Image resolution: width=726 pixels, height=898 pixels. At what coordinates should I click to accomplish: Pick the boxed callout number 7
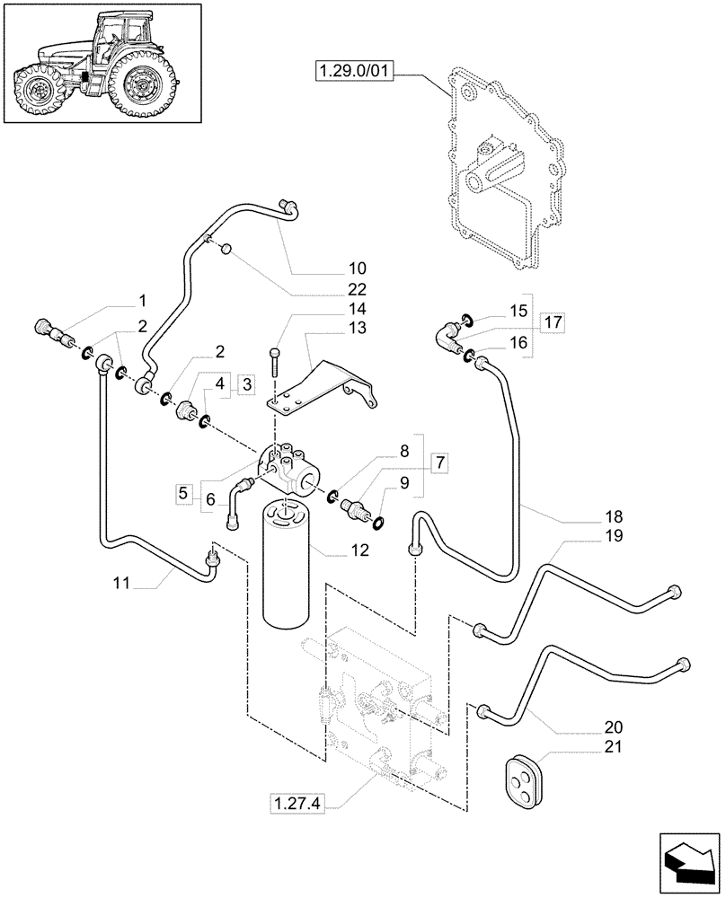(439, 463)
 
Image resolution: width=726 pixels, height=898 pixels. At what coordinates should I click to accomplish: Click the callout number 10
(357, 269)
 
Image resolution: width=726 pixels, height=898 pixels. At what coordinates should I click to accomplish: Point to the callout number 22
(357, 289)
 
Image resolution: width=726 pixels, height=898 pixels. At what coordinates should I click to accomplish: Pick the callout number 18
(614, 518)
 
